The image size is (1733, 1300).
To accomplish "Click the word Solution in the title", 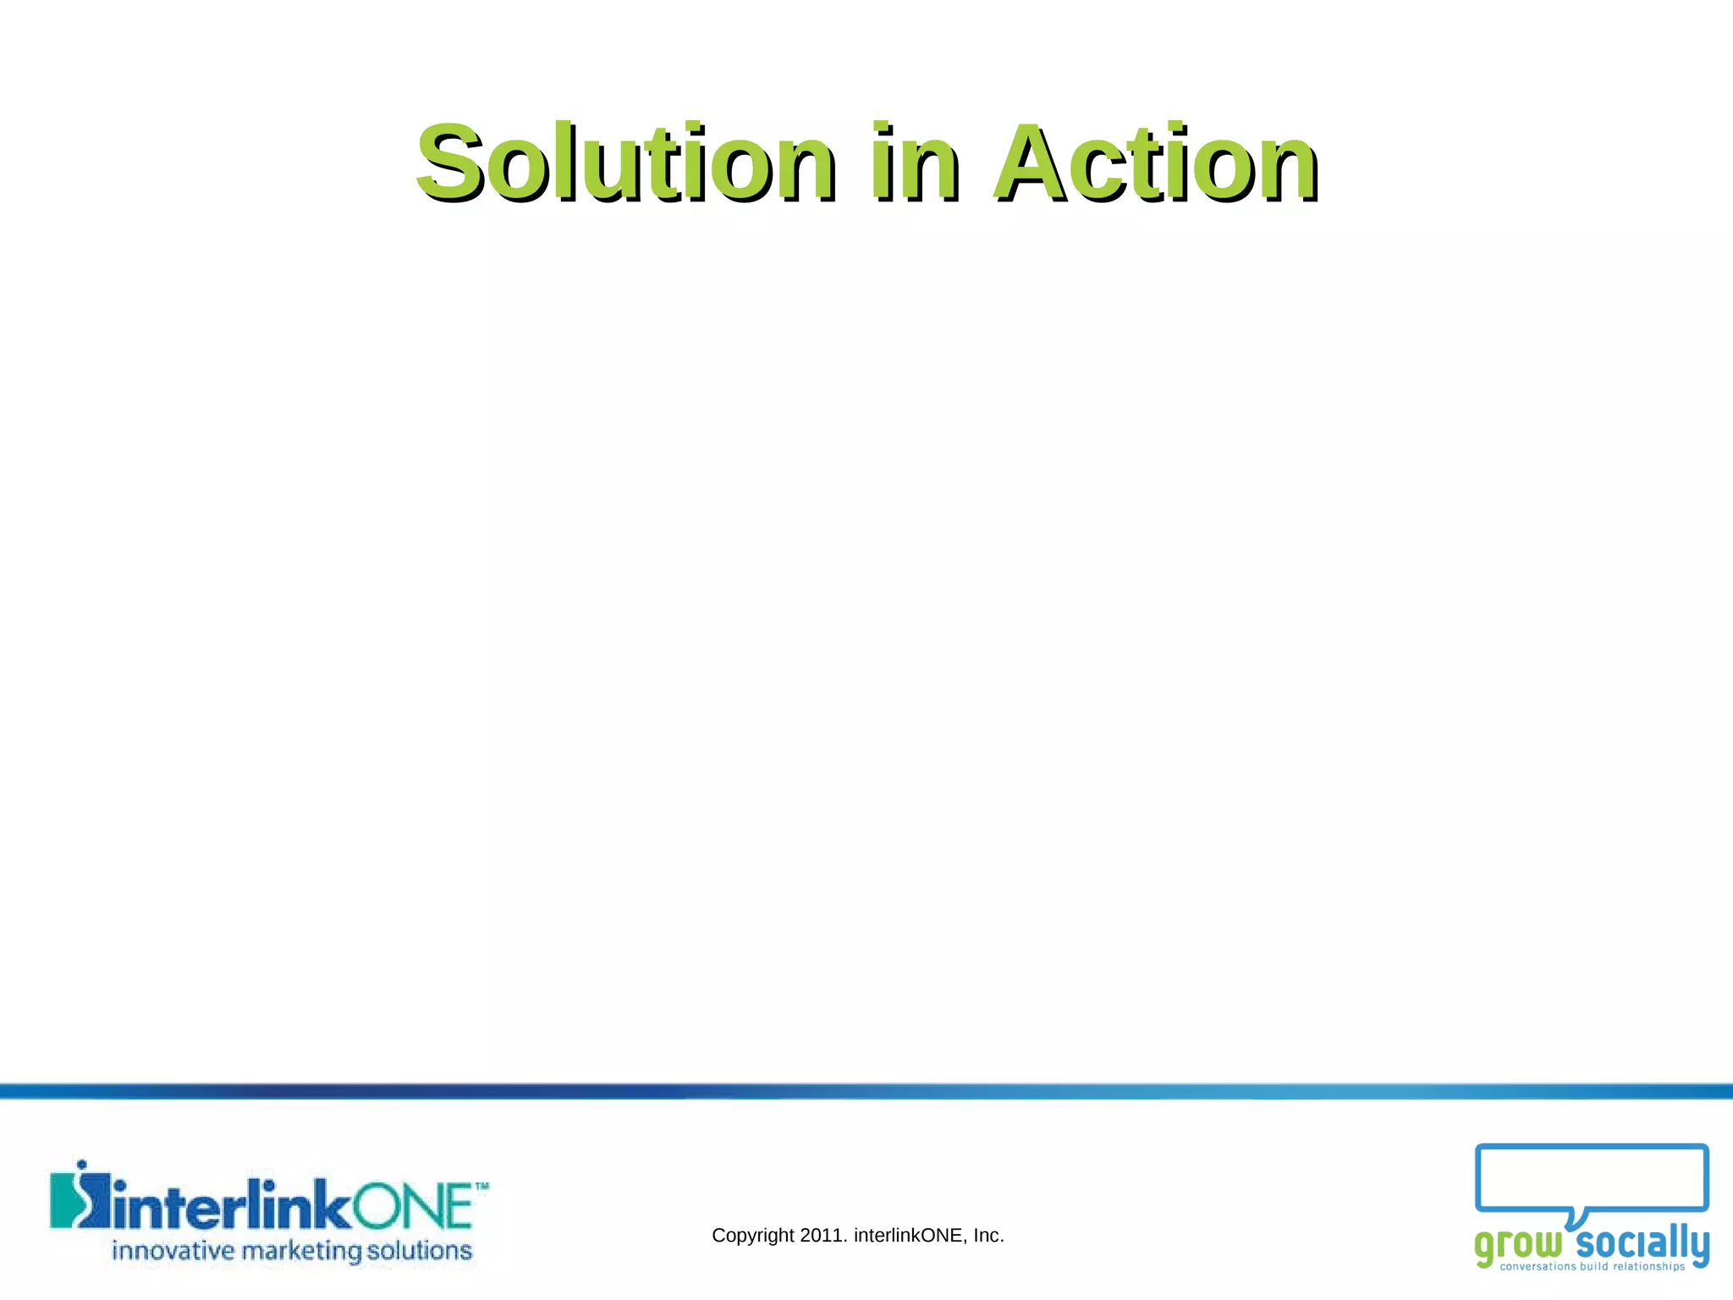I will tap(624, 162).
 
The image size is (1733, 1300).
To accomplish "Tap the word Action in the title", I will tap(1155, 162).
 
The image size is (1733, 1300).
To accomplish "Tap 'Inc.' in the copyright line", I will tap(988, 1236).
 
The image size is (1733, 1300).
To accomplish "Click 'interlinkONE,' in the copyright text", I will tap(911, 1236).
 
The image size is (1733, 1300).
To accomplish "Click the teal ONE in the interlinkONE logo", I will tap(412, 1206).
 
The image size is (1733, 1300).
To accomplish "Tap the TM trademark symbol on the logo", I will tap(481, 1187).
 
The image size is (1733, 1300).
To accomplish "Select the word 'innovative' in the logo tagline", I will tap(173, 1251).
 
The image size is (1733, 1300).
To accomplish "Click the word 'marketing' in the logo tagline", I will tap(301, 1252).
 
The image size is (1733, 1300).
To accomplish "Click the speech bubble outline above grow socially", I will tap(1591, 1149).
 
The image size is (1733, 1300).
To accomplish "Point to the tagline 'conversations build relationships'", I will tap(1592, 1267).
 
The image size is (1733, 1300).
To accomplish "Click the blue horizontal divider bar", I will tap(866, 1091).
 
